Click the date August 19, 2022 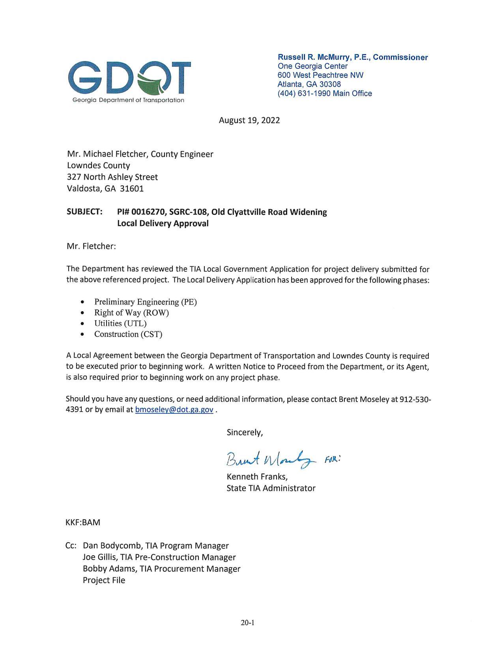coord(249,120)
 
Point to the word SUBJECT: coord(85,212)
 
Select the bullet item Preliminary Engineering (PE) coord(145,302)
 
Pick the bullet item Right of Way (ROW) coord(131,313)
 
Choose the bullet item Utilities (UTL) coord(120,323)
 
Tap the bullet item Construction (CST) coord(128,334)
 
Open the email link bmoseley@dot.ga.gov coord(174,410)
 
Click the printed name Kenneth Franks coord(256,477)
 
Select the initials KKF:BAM coord(83,522)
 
